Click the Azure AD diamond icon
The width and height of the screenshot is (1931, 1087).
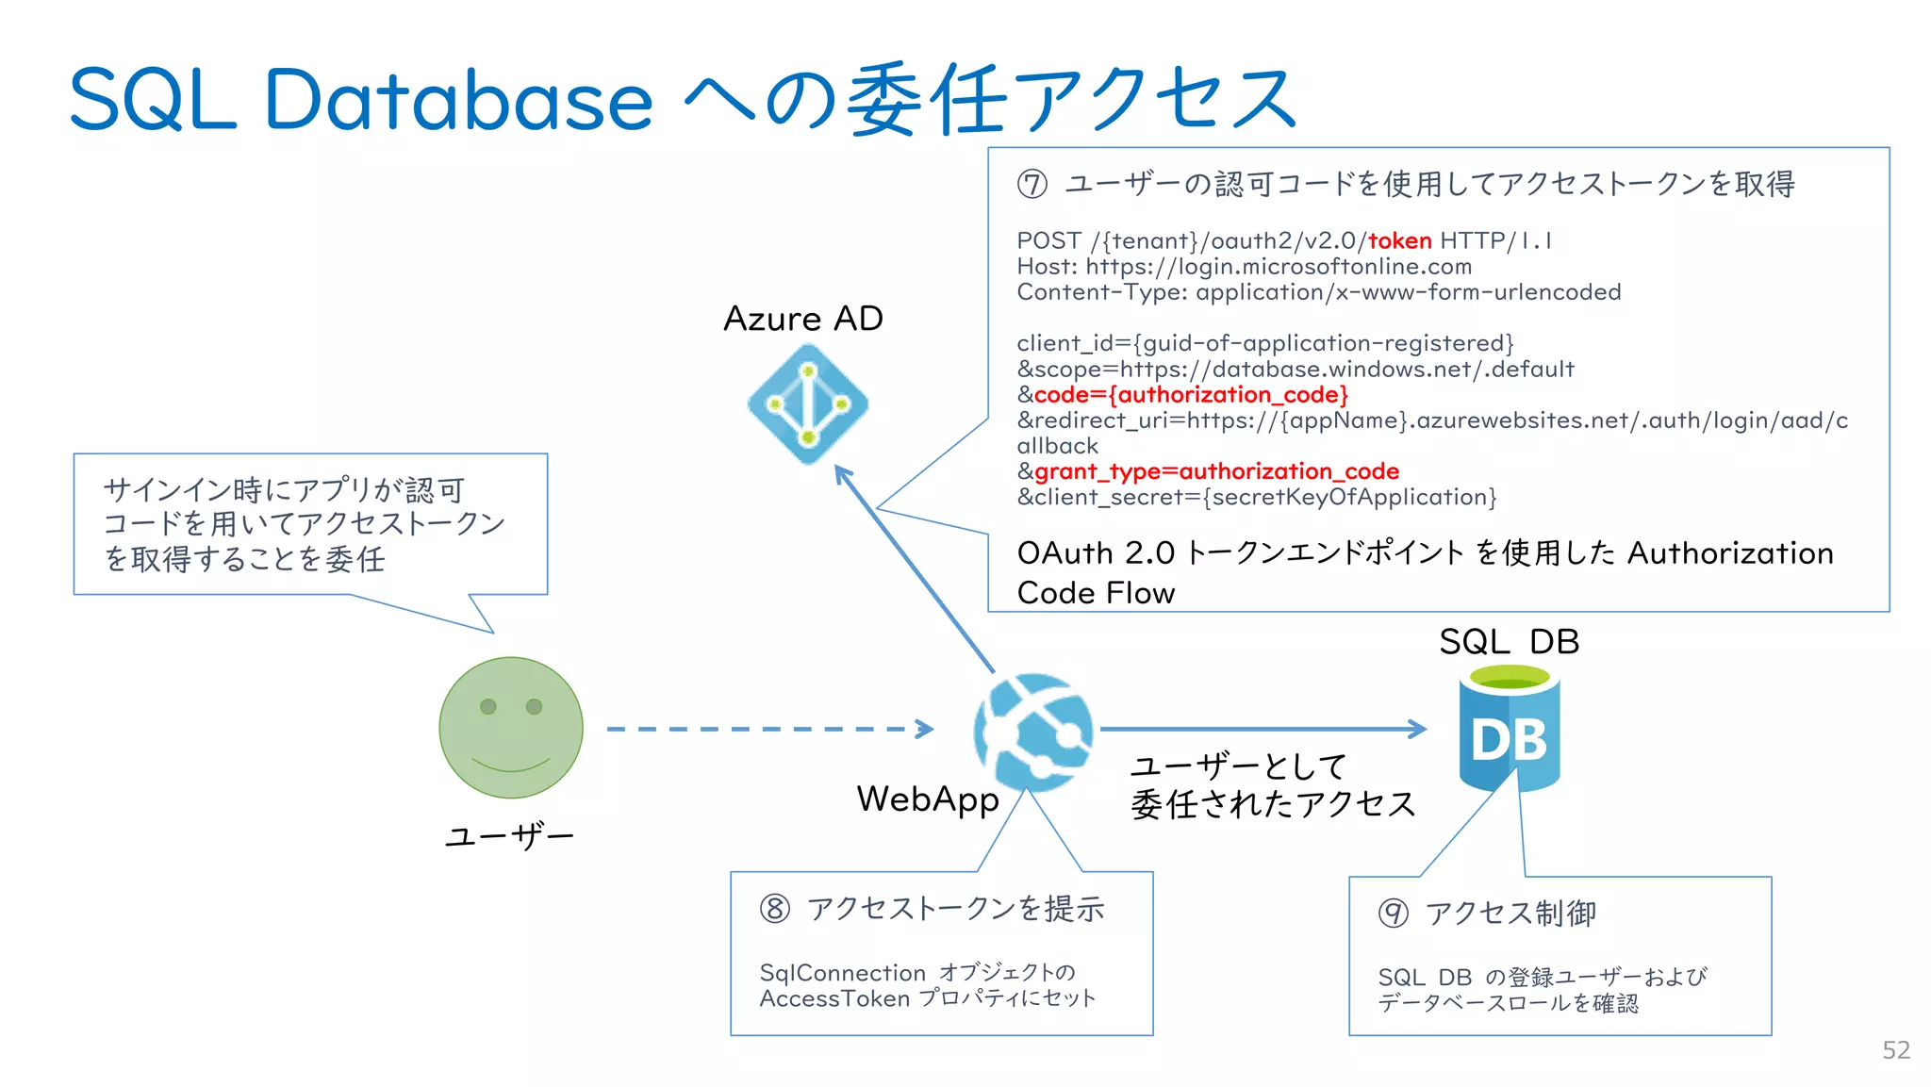tap(807, 404)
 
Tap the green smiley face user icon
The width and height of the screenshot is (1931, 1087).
tap(511, 728)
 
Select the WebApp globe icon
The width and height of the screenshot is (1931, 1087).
tap(1033, 732)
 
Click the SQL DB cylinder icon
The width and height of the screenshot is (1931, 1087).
tap(1509, 728)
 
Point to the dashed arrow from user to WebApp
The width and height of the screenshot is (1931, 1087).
tap(768, 729)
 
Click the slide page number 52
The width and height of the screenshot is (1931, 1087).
tap(1895, 1050)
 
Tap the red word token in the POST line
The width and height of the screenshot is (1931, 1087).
tap(1399, 241)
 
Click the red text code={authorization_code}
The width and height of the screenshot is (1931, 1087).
tap(1191, 395)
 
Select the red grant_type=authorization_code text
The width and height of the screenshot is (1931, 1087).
tap(1216, 471)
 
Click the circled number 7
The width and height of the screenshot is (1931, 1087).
tap(1032, 184)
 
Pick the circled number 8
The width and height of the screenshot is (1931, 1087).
tap(775, 909)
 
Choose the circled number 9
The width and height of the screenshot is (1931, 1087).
tap(1393, 913)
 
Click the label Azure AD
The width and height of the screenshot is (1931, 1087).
tap(803, 319)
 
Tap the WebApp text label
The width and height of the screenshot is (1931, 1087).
tap(927, 799)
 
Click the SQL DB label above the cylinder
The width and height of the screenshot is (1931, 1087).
tap(1509, 642)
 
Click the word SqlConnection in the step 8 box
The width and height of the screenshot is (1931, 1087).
tap(842, 973)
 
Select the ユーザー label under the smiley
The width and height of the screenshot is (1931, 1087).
tap(509, 836)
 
